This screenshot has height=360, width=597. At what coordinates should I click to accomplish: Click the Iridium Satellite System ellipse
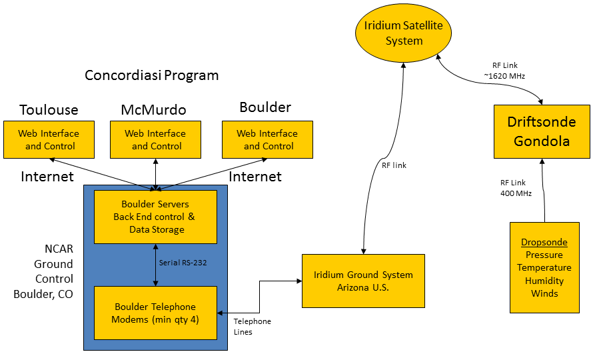click(403, 33)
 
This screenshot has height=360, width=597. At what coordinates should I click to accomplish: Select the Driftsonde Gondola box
click(541, 131)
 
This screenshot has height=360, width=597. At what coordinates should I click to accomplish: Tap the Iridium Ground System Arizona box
click(363, 281)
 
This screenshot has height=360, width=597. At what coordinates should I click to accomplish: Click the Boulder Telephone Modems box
click(155, 313)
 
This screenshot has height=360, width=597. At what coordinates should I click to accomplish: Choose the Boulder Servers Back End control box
click(155, 217)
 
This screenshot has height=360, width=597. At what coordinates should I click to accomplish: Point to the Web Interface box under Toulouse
click(48, 139)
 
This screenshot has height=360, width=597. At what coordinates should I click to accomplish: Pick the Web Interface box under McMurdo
click(156, 139)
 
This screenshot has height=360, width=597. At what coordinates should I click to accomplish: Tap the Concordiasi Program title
click(152, 75)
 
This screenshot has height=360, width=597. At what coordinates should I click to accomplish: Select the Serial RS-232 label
click(183, 263)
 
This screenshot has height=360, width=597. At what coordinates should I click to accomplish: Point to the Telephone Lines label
click(252, 327)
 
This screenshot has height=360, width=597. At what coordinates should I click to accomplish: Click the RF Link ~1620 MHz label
click(504, 71)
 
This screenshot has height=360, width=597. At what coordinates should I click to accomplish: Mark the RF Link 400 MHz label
click(513, 188)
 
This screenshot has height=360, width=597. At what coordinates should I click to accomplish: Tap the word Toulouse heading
click(49, 109)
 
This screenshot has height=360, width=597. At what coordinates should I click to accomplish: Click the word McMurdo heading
click(153, 109)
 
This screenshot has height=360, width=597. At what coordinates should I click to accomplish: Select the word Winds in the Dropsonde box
click(544, 293)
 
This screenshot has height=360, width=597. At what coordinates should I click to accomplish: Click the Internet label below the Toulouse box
click(47, 177)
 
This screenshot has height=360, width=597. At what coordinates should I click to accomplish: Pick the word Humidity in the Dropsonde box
click(544, 281)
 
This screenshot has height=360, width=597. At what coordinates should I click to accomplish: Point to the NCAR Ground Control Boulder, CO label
click(54, 271)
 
